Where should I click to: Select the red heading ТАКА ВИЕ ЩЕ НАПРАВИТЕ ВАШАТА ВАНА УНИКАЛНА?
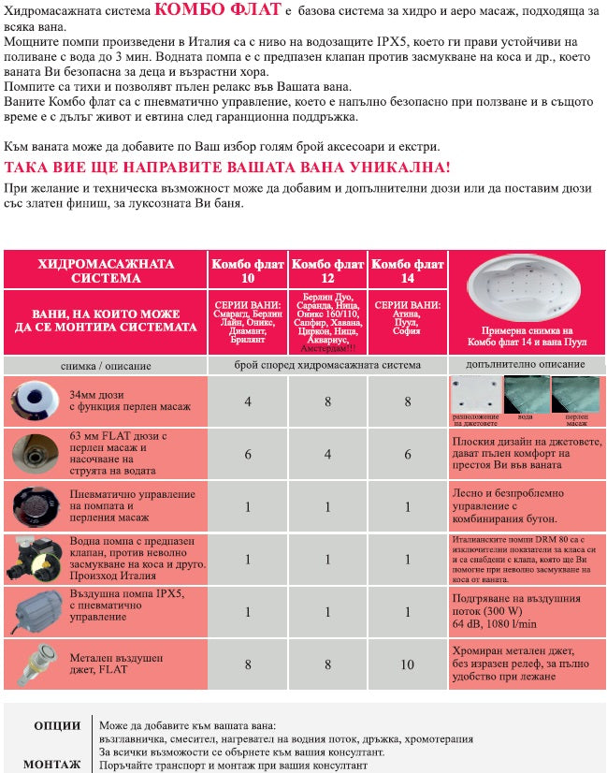[227, 168]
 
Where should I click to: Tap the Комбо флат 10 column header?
[248, 270]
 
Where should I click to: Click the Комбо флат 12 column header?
[328, 270]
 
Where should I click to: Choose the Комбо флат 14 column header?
[407, 270]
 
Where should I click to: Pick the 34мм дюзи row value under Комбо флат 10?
[248, 401]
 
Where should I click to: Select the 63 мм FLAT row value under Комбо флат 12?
[328, 454]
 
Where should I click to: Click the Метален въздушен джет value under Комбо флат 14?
[407, 664]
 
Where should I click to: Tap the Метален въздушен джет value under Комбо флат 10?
[248, 664]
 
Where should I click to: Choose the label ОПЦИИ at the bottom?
[57, 725]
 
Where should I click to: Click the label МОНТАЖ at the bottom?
[52, 764]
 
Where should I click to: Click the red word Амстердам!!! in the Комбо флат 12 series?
[328, 348]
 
